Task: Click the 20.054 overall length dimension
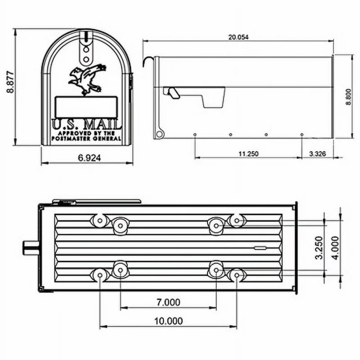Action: pyautogui.click(x=238, y=37)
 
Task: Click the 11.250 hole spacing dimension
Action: pyautogui.click(x=248, y=153)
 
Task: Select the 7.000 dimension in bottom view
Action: pyautogui.click(x=168, y=302)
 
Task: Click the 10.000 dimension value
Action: pyautogui.click(x=168, y=321)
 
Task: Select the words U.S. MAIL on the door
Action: pyautogui.click(x=87, y=124)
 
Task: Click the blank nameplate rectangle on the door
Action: pyautogui.click(x=85, y=107)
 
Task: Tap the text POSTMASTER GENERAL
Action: pyautogui.click(x=87, y=139)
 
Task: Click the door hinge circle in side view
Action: pyautogui.click(x=158, y=134)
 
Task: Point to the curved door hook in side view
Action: pyautogui.click(x=147, y=61)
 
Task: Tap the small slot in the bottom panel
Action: pyautogui.click(x=260, y=247)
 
